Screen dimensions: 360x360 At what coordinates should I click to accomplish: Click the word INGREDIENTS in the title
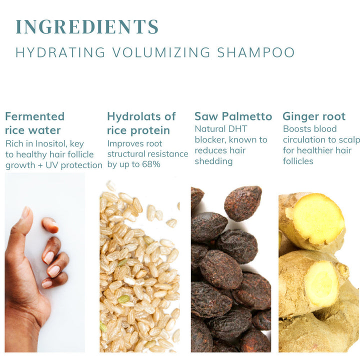click(x=87, y=26)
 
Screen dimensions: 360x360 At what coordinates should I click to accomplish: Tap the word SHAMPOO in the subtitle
click(x=256, y=52)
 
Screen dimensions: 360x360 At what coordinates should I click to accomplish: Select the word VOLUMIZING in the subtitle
click(x=161, y=52)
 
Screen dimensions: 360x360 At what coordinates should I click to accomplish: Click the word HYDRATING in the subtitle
click(x=60, y=52)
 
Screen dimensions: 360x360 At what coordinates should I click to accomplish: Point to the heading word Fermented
click(x=34, y=116)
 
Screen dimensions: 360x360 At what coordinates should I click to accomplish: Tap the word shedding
click(x=214, y=161)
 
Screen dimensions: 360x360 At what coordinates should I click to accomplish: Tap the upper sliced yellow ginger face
click(x=318, y=218)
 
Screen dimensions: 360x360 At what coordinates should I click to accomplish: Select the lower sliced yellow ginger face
click(x=322, y=283)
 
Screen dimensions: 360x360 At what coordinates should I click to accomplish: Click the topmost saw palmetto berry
click(x=243, y=203)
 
